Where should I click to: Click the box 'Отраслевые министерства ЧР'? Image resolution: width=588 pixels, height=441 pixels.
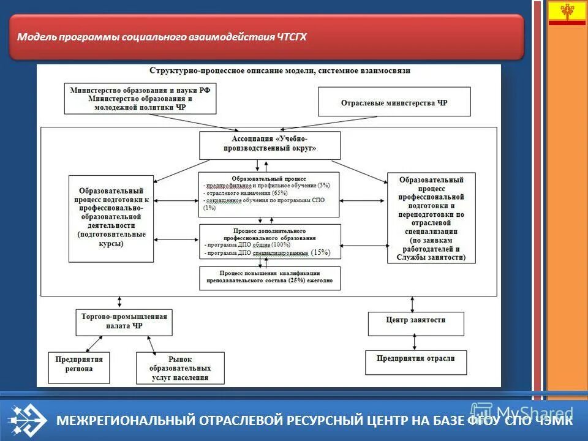click(x=394, y=102)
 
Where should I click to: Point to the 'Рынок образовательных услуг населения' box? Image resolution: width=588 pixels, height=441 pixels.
click(x=179, y=368)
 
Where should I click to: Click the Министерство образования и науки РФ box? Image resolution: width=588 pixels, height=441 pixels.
click(x=140, y=99)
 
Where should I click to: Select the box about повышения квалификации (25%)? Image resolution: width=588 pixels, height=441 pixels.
click(x=269, y=277)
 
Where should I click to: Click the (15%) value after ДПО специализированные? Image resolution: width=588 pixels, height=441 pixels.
click(x=320, y=252)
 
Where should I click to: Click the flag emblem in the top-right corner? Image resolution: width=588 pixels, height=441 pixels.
click(x=567, y=13)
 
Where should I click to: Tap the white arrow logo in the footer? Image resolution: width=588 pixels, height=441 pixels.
click(x=28, y=420)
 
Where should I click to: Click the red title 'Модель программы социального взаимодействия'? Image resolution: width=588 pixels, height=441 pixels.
click(x=162, y=37)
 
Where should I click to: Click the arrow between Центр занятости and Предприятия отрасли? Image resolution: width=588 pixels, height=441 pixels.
click(x=416, y=341)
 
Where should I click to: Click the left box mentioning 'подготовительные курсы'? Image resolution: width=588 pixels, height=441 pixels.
click(x=111, y=218)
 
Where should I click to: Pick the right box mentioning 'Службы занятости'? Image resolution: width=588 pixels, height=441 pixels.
click(x=431, y=218)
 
